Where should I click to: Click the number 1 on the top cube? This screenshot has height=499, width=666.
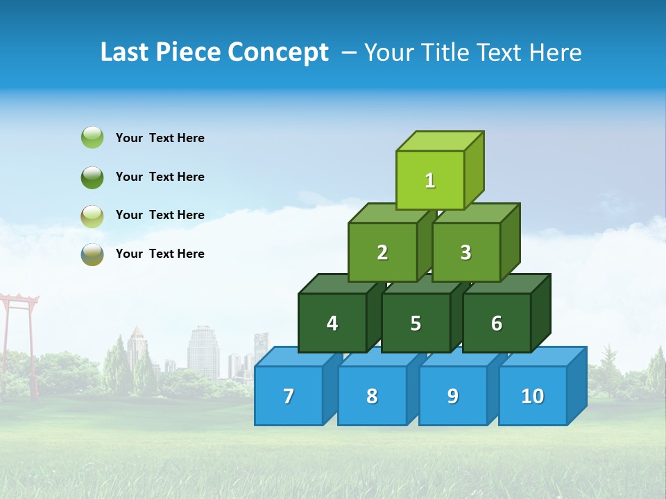pos(430,181)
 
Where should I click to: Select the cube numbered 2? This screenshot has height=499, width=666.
pos(382,253)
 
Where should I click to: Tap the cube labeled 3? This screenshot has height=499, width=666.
pos(466,253)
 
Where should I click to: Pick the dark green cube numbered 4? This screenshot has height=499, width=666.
pos(332,324)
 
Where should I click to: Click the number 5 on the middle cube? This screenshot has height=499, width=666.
pos(416,324)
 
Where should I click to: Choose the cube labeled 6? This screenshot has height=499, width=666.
pos(497,324)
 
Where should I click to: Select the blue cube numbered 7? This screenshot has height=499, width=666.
pos(289,396)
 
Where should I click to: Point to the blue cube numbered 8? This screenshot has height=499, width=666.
pos(372,396)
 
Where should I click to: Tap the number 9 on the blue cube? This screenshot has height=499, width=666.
pos(452,396)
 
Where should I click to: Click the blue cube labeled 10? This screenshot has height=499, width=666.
pos(533,396)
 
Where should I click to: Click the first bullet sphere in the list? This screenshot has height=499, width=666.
pos(92,138)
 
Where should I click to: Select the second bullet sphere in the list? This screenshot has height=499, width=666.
pos(92,177)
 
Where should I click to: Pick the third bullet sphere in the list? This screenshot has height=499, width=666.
pos(92,216)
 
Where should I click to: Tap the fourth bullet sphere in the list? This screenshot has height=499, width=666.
pos(92,254)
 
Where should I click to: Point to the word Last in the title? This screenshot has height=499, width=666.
pos(125,53)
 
